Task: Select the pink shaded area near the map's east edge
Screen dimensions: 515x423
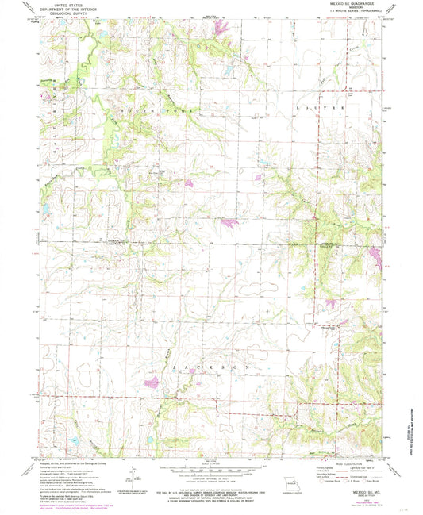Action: click(375, 256)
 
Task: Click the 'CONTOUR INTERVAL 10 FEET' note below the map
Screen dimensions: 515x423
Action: click(210, 478)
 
